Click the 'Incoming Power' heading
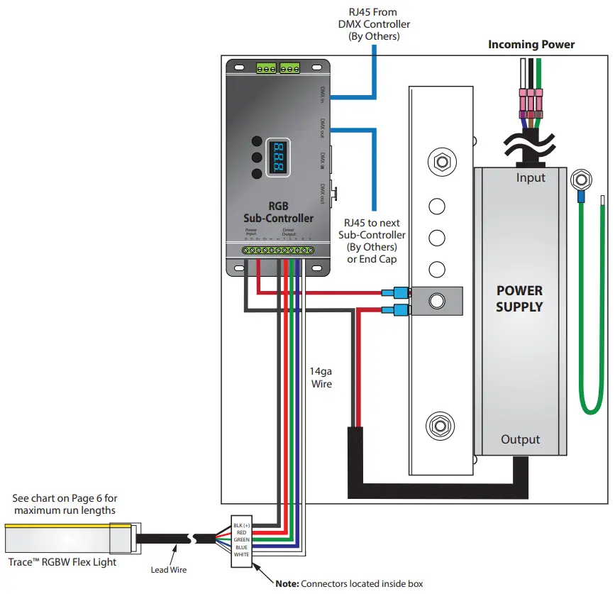click(531, 45)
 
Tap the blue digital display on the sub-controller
click(276, 157)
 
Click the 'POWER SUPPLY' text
click(519, 299)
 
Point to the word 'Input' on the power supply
click(530, 177)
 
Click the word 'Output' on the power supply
click(520, 439)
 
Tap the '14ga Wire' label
click(321, 377)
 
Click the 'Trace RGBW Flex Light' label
click(62, 562)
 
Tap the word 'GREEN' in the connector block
click(243, 539)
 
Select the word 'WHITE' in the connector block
click(243, 554)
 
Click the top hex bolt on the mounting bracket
click(441, 161)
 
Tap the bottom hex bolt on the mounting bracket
click(438, 427)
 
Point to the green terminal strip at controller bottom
click(278, 251)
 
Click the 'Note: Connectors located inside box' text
click(349, 583)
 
